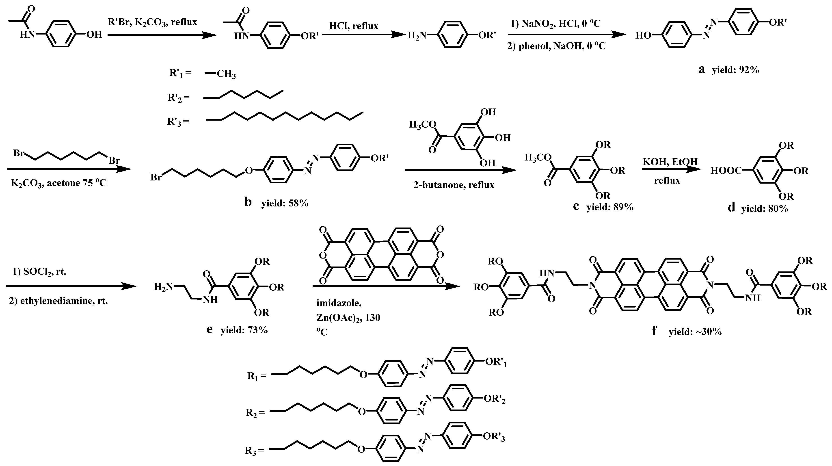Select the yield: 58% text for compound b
coord(285,203)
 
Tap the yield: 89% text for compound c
coord(610,207)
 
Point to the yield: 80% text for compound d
coord(765,209)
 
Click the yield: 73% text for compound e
coord(244,330)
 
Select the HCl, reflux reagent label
coord(354,26)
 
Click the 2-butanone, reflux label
coord(454,185)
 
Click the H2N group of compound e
coord(163,287)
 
